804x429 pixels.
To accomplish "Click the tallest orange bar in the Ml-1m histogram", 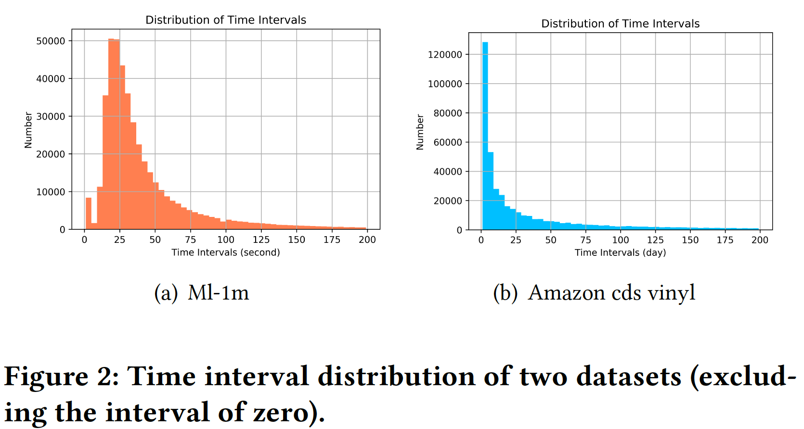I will click(x=111, y=135).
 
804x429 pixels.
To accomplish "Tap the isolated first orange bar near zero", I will click(x=89, y=214).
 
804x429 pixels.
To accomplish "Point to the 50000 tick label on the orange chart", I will click(x=51, y=41).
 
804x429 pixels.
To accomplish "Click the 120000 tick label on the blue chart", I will click(x=445, y=55).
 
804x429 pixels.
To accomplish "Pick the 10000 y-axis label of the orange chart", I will click(x=51, y=192).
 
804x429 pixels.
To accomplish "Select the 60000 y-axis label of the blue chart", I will click(x=448, y=142).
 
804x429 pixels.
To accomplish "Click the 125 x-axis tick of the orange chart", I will click(x=261, y=240).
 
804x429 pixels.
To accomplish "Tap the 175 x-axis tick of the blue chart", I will click(x=725, y=240).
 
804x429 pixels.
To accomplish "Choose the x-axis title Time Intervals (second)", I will click(x=226, y=252).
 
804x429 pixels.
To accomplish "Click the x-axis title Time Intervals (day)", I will click(x=620, y=252).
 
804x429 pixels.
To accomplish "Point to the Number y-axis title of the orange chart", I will click(x=28, y=130).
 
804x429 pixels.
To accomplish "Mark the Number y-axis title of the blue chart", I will click(x=420, y=132).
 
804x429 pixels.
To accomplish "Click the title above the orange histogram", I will click(x=226, y=20).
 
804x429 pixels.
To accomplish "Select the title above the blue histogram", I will click(x=620, y=24).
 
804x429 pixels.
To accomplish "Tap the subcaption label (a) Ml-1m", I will click(x=202, y=292).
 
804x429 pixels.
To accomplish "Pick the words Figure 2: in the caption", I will click(x=62, y=376).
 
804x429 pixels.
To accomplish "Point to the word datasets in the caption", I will click(x=628, y=376).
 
